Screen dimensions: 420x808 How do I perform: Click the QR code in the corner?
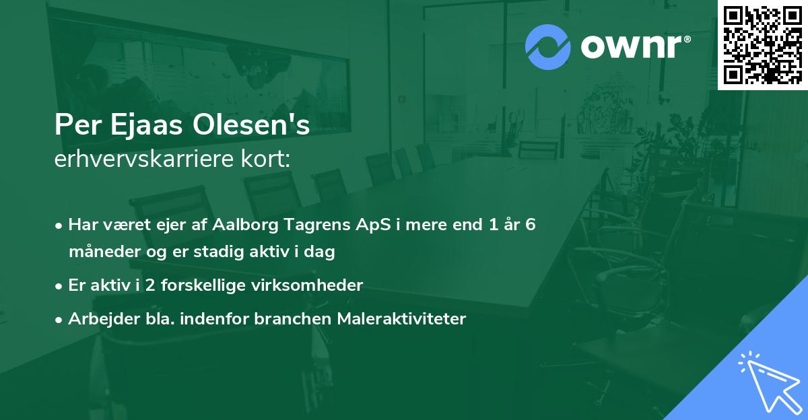pyautogui.click(x=762, y=44)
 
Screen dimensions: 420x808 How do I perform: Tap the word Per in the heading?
pyautogui.click(x=73, y=126)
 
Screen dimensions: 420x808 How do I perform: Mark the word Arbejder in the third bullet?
pyautogui.click(x=98, y=319)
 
